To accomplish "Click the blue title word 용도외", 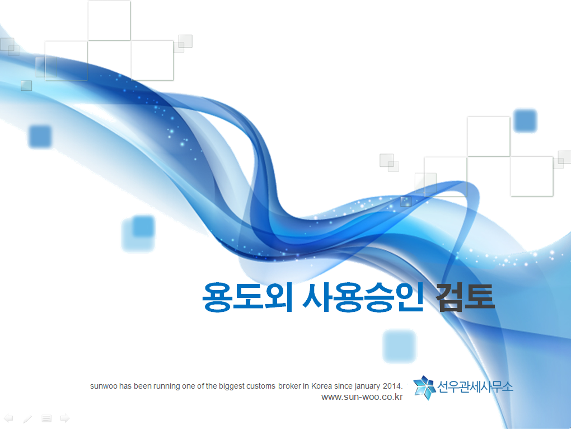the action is click(x=247, y=297).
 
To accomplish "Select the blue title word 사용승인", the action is click(x=363, y=297).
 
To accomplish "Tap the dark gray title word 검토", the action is click(x=465, y=297).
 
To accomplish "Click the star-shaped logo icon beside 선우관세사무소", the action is click(x=424, y=388).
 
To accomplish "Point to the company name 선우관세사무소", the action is click(x=475, y=387).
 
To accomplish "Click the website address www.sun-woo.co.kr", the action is click(x=362, y=397).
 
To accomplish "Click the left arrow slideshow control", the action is click(x=8, y=418).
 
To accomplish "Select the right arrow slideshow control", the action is click(x=65, y=418).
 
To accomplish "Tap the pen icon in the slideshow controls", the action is click(x=27, y=419).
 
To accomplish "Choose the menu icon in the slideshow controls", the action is click(x=46, y=419).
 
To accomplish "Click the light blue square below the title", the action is click(x=399, y=346).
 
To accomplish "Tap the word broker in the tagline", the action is click(x=289, y=386).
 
